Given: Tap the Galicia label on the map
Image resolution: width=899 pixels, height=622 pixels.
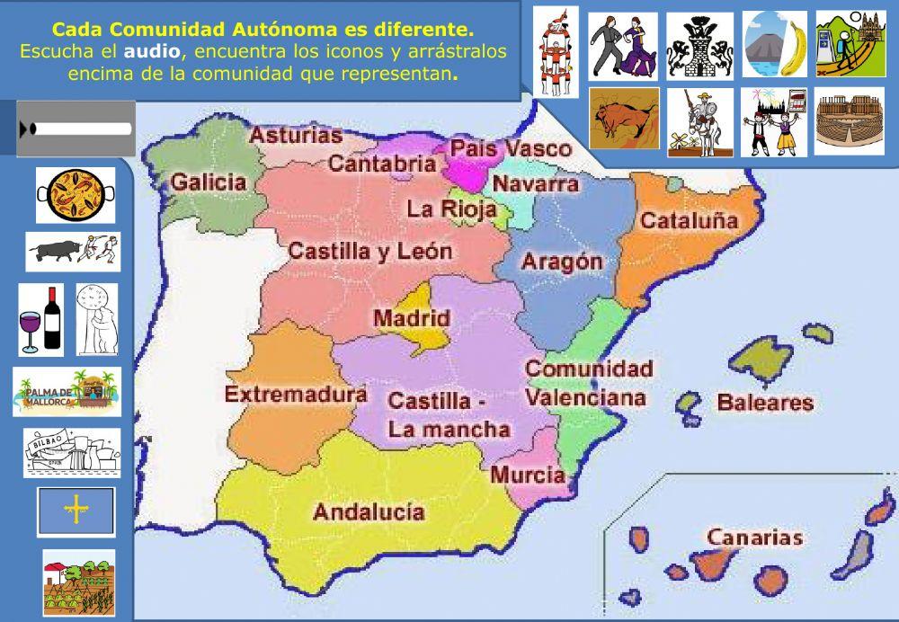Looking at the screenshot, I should tap(209, 182).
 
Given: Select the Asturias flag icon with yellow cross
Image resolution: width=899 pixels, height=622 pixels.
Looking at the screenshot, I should tap(76, 511).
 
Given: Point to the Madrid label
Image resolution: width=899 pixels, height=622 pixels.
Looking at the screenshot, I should tap(412, 318).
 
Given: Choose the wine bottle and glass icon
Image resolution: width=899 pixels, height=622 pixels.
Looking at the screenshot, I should tap(41, 320).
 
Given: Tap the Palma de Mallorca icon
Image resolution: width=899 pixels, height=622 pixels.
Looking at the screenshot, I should tap(67, 392).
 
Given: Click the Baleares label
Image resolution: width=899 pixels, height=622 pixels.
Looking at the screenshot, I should tap(765, 403).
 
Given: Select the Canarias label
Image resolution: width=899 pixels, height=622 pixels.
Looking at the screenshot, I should tap(754, 538).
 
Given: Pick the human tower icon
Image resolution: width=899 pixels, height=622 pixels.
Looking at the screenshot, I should tap(555, 51).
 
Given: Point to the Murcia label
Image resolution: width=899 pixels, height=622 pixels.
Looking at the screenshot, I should tap(528, 475).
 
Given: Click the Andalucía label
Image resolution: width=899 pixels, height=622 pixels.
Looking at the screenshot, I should tap(369, 512).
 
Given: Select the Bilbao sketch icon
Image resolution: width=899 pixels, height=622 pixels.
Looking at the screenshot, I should tap(72, 452).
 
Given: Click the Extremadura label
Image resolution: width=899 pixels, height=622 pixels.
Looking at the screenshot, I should tap(295, 394).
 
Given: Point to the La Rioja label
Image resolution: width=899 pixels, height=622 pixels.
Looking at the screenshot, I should tap(452, 209).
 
